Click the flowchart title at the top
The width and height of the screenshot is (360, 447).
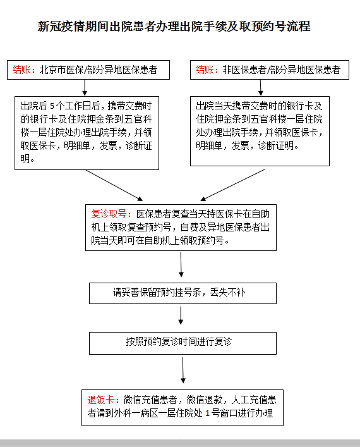(x=174, y=27)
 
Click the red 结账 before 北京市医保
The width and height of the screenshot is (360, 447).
(x=24, y=70)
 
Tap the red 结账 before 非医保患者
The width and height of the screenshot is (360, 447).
(x=208, y=70)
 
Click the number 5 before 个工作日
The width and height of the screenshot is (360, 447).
(x=52, y=106)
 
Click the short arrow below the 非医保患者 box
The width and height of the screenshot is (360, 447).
(x=260, y=87)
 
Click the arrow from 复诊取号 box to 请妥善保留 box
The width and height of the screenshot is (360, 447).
(x=182, y=266)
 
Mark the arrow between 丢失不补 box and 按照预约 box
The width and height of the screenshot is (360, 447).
(x=182, y=315)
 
